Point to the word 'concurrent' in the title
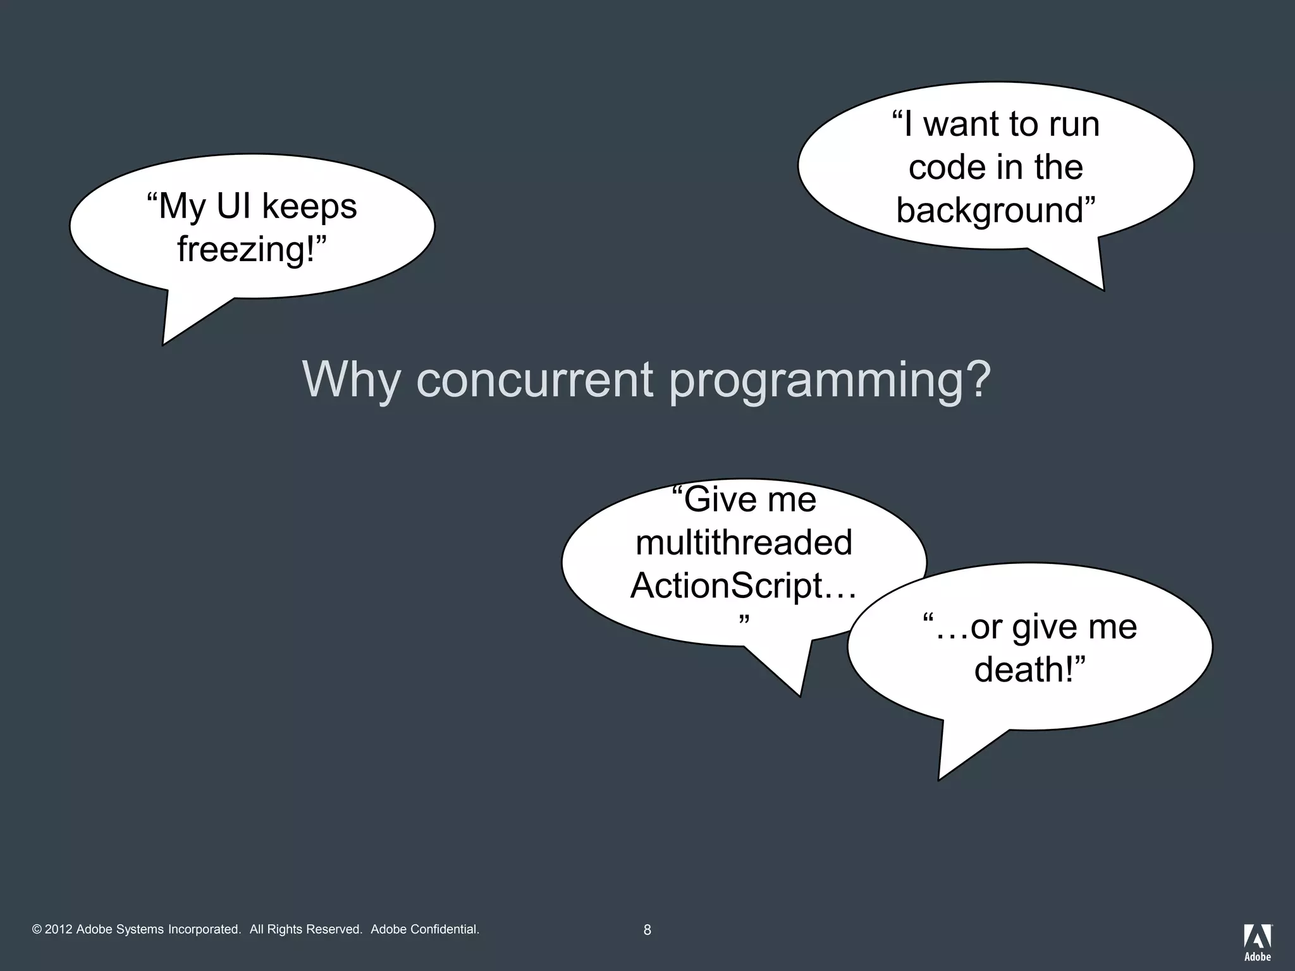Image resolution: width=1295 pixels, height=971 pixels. [x=534, y=379]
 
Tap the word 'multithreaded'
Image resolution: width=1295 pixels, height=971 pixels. [x=744, y=542]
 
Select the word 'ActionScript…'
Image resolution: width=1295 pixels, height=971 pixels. [x=744, y=585]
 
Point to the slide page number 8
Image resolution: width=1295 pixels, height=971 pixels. [x=647, y=930]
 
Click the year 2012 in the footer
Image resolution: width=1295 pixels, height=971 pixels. [x=59, y=929]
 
